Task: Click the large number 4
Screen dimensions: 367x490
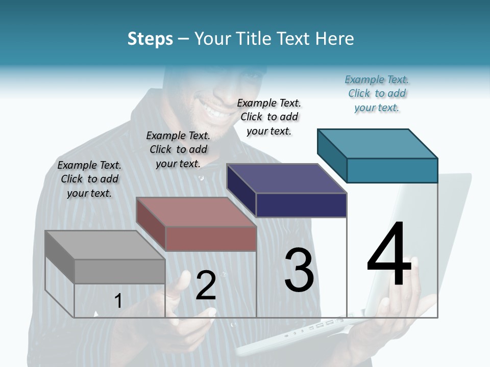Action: tap(389, 255)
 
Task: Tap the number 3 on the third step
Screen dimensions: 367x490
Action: tap(299, 270)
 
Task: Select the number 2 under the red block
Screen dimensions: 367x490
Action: tap(206, 285)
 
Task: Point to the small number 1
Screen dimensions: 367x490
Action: tap(118, 301)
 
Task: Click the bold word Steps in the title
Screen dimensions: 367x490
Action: tap(150, 39)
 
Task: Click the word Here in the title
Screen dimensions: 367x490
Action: tap(335, 39)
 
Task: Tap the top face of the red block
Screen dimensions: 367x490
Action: tap(195, 212)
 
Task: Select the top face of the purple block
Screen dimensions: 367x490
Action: tap(286, 178)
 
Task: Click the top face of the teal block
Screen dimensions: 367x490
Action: tap(377, 143)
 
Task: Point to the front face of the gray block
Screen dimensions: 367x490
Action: tap(120, 271)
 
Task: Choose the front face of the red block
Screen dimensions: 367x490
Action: tap(211, 239)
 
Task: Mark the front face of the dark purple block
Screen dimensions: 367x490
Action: tap(301, 205)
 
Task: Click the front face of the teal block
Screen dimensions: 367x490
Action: tap(392, 170)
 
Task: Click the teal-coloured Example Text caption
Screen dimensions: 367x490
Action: tap(377, 94)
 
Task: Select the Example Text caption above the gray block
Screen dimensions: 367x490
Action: tap(89, 179)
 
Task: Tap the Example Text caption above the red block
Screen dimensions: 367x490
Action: tap(178, 150)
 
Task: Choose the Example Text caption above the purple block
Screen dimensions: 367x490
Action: tap(269, 117)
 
